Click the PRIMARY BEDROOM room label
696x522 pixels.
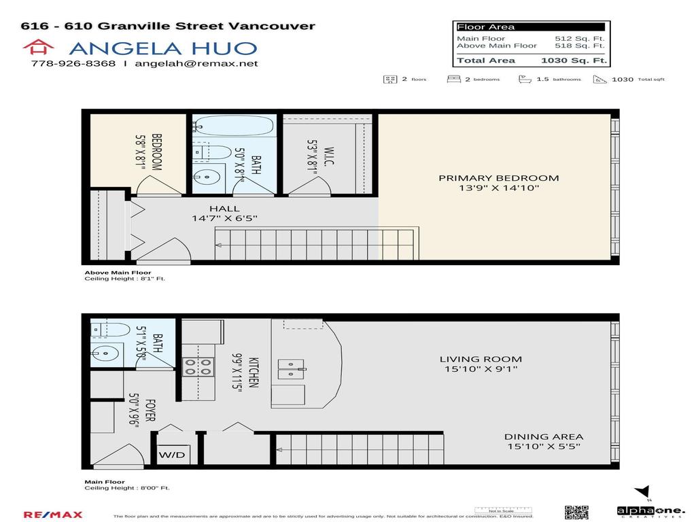click(498, 178)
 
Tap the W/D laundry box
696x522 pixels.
click(172, 455)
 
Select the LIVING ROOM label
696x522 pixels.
click(481, 359)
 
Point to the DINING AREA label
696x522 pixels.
click(543, 437)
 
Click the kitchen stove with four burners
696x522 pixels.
click(198, 367)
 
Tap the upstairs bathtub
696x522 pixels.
click(234, 127)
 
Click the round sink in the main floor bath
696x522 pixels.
click(105, 353)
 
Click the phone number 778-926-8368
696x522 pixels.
click(73, 64)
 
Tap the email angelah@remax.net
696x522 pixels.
click(196, 64)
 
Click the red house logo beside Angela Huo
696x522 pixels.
click(38, 47)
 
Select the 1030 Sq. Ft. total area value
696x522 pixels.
click(573, 60)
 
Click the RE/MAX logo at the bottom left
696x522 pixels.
click(53, 515)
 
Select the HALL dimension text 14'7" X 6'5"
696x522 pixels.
click(224, 219)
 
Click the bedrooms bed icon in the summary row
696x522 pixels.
click(453, 79)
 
